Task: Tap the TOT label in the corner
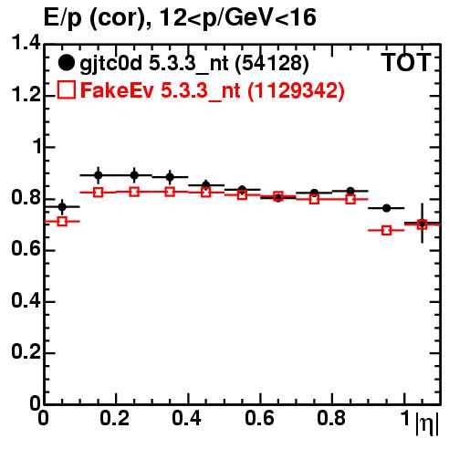pos(406,62)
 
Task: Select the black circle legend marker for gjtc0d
pos(66,63)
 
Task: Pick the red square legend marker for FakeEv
pos(66,89)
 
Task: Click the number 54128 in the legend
pos(272,63)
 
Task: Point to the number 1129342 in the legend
pos(296,90)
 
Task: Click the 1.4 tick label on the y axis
pos(26,43)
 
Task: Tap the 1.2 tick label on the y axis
pos(26,95)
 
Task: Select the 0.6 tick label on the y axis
pos(26,249)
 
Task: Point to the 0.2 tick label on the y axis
pos(26,351)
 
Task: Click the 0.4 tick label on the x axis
pos(186,418)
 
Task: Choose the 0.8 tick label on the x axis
pos(331,418)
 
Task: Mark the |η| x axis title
pos(427,423)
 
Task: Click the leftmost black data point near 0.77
pos(62,207)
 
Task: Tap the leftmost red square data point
pos(62,221)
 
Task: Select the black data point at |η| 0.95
pos(386,208)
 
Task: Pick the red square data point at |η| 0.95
pos(386,230)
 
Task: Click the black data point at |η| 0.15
pos(98,175)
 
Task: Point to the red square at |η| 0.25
pos(134,192)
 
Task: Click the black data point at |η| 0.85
pos(350,191)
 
